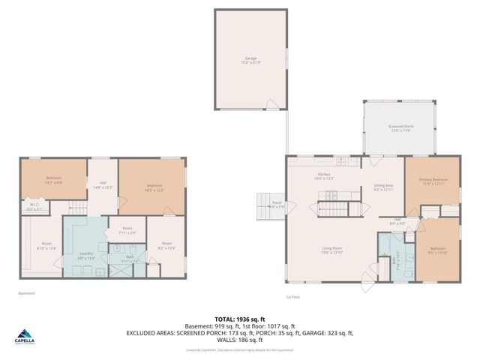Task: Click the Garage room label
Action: coord(250,60)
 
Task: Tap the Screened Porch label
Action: coord(400,128)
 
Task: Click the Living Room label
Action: coord(332,250)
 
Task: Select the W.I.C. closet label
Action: coord(34,205)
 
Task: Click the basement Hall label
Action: coord(102,184)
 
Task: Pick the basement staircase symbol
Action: coord(79,206)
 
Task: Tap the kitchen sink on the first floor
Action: coord(340,161)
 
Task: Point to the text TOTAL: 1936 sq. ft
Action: coord(240,319)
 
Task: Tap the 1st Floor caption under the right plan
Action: coord(293,296)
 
